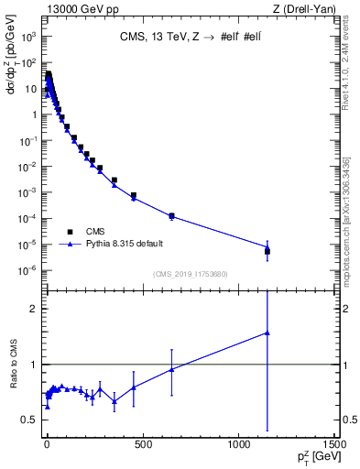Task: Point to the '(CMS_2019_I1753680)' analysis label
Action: coord(189,274)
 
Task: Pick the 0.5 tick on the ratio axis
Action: coord(33,420)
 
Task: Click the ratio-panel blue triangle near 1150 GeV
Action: coord(267,333)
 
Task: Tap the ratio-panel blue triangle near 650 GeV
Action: coord(171,369)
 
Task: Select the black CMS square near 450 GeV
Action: coord(133,195)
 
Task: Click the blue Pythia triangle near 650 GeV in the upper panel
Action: coord(171,217)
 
